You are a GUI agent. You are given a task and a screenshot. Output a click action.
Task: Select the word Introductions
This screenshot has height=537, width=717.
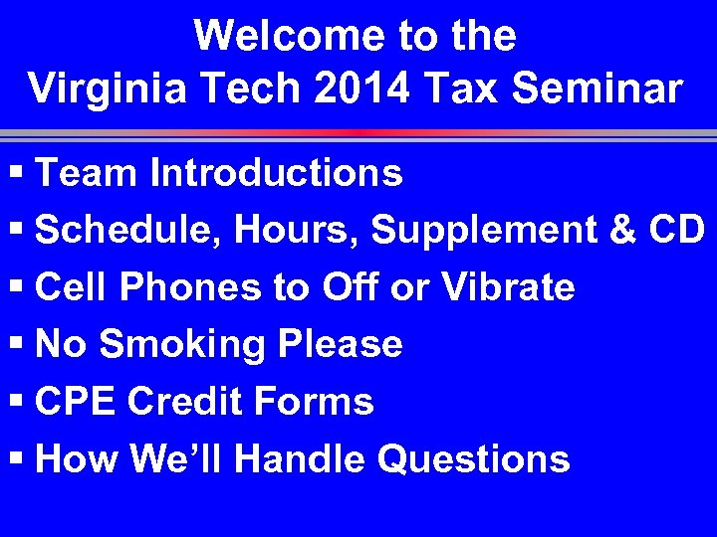tap(276, 173)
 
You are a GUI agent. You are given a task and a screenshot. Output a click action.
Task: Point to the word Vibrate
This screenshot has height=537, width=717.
tap(507, 287)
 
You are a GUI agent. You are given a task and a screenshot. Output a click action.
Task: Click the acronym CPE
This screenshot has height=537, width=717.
tap(76, 402)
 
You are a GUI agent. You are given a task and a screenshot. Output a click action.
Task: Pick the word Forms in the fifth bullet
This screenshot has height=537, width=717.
tap(314, 402)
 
